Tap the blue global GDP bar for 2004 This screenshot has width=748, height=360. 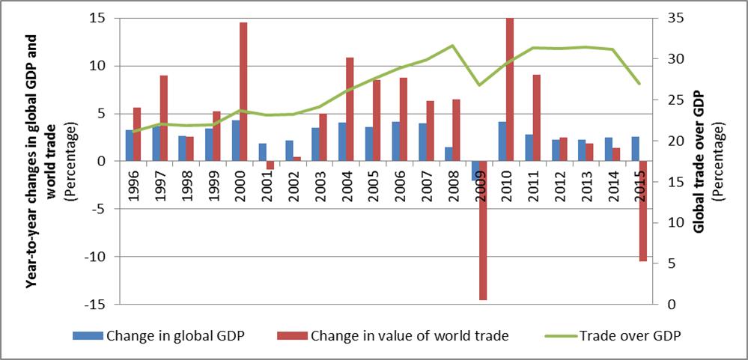[x=342, y=141]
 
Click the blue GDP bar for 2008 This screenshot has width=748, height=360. [x=449, y=153]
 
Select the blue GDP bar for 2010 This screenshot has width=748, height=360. [x=502, y=141]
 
